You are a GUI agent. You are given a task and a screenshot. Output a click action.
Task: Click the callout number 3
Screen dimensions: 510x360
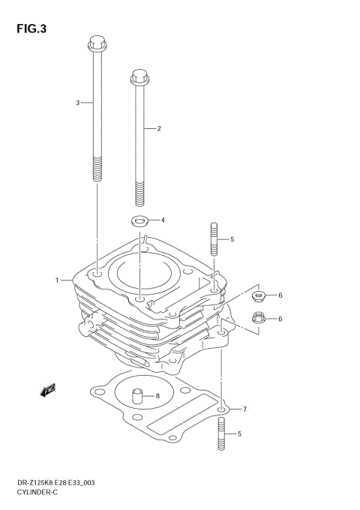tap(77, 102)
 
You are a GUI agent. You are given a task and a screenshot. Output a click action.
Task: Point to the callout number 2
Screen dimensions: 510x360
tap(159, 128)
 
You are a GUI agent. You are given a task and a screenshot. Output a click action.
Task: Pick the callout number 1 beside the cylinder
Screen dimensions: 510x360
tap(56, 280)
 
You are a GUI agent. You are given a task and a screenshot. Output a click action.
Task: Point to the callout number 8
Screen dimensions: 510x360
tap(157, 396)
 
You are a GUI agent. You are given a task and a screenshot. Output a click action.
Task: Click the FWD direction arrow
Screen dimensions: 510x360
tap(49, 390)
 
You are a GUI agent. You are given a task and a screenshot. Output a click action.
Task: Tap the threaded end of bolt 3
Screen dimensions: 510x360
tap(95, 170)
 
